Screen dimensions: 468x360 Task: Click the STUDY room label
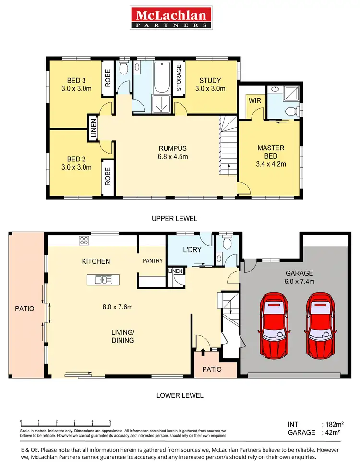click(x=210, y=84)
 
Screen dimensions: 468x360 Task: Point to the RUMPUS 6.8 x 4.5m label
click(x=173, y=152)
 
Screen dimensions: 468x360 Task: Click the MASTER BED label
click(x=271, y=156)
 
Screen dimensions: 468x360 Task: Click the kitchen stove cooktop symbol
click(x=84, y=240)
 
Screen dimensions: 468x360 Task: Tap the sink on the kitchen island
click(x=103, y=279)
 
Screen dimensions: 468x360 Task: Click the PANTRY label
click(x=153, y=261)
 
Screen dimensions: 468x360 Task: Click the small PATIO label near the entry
click(x=212, y=369)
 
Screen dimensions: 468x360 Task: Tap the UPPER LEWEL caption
click(x=174, y=218)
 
